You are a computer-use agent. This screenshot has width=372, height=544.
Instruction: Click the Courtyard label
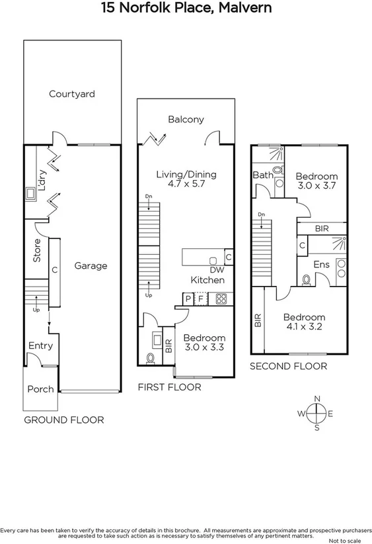click(72, 94)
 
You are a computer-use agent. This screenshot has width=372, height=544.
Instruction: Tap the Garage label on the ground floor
click(91, 266)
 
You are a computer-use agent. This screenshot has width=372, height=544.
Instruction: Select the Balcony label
click(186, 120)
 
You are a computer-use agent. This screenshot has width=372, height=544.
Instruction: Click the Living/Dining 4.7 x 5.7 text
click(186, 180)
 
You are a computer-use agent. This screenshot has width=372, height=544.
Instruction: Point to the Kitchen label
click(207, 280)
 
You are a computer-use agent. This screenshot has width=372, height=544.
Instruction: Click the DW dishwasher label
click(215, 270)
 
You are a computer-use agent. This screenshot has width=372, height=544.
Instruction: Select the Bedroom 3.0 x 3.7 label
click(316, 181)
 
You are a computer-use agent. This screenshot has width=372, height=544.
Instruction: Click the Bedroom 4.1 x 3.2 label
click(304, 322)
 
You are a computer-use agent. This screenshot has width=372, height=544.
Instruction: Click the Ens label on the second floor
click(321, 265)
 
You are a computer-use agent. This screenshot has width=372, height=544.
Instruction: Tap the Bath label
click(262, 175)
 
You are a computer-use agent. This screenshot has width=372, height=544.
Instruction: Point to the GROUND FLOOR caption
click(64, 420)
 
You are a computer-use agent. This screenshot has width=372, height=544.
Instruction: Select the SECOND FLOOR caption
click(288, 365)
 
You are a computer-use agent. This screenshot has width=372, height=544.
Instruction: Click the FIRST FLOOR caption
click(169, 387)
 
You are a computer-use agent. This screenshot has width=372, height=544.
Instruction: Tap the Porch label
click(40, 389)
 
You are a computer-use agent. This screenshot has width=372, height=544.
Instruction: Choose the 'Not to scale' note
click(348, 540)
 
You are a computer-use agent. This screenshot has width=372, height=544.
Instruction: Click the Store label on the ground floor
click(38, 254)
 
